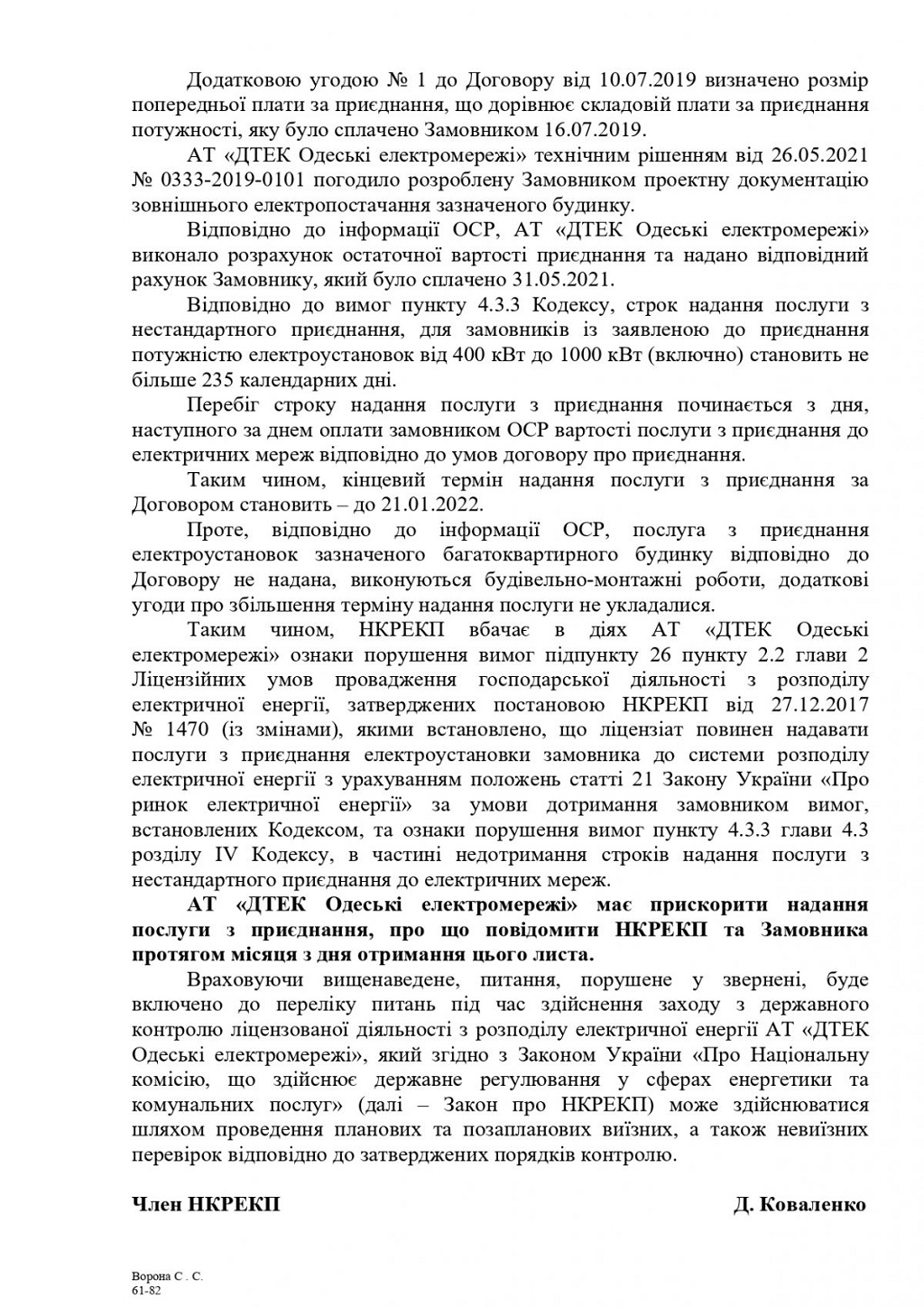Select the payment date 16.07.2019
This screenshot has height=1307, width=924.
click(594, 129)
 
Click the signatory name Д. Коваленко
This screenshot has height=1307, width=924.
click(799, 1204)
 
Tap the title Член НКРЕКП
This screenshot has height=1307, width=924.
click(206, 1204)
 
